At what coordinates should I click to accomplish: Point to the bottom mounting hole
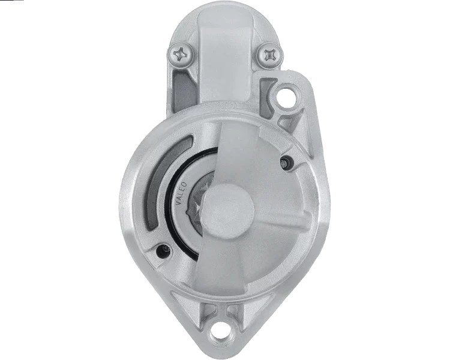point(224,331)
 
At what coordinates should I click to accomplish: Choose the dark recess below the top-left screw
point(180,90)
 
